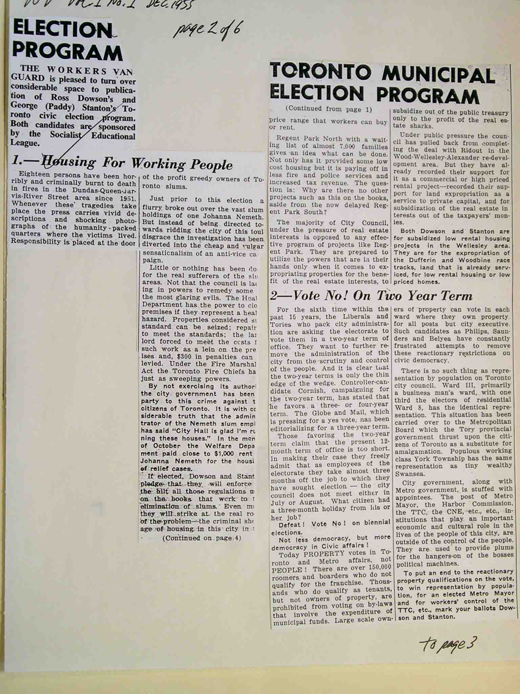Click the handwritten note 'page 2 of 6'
(207, 31)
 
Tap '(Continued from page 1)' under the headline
(329, 109)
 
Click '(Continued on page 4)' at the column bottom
(202, 538)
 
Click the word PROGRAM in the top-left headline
(67, 53)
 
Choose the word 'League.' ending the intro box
(25, 143)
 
